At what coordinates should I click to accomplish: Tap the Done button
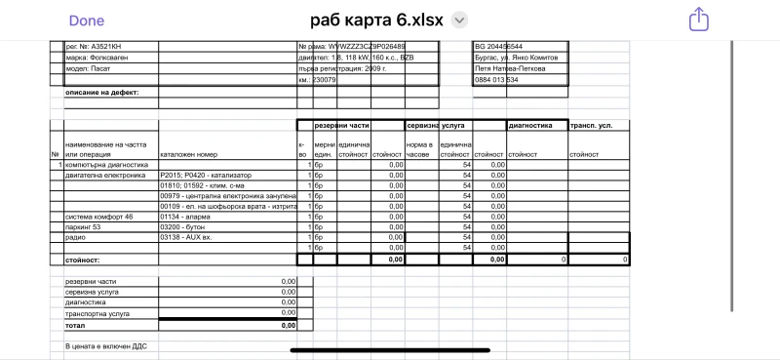click(87, 20)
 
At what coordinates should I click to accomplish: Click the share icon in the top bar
click(697, 19)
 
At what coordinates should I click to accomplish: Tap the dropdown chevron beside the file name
click(461, 20)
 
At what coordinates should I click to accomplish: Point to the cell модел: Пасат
click(89, 68)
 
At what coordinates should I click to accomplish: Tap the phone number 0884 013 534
click(497, 80)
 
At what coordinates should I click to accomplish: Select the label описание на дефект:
click(102, 92)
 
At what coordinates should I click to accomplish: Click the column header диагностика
click(531, 125)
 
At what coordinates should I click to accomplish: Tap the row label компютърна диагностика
click(106, 165)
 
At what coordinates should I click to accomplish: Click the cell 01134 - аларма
click(184, 217)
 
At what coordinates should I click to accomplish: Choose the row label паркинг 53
click(84, 227)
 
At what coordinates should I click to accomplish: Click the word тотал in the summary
click(76, 325)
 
